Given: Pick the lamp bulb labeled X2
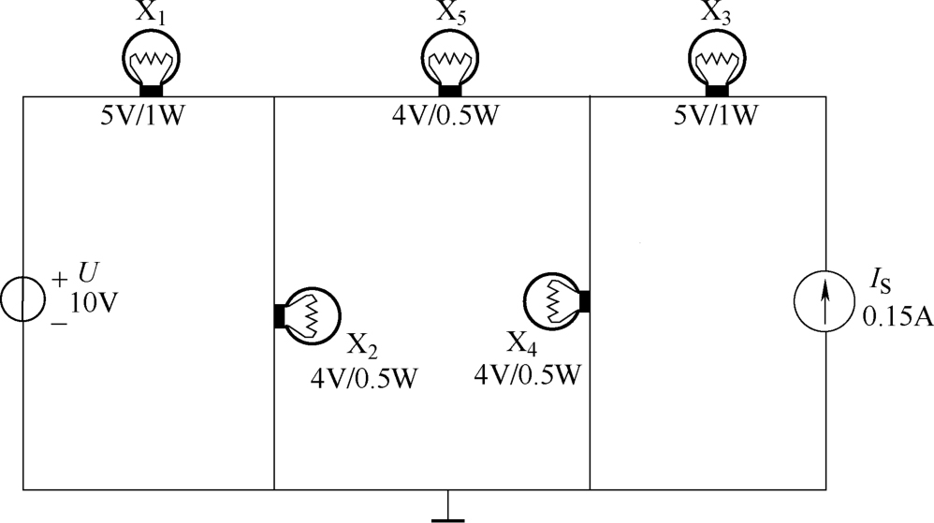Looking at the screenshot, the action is pos(307,315).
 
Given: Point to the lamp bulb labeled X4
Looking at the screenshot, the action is pos(556,301).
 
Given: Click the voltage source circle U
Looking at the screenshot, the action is pos(22,299).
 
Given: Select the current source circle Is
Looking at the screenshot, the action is pos(825,300).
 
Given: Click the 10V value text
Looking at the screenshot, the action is pos(95,304).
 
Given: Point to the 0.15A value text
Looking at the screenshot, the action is pos(898,317).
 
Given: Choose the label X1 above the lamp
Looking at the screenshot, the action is pos(151,13).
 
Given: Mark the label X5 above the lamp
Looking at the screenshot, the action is pos(450,13).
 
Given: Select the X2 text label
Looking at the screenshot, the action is pos(362,345).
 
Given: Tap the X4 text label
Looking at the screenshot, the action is pos(522,343).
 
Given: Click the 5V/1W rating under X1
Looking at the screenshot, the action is pos(142,115).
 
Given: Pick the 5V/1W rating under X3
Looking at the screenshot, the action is pos(716,115).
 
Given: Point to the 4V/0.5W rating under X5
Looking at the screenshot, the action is pos(445,115).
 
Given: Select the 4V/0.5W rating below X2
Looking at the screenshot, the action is pos(364,378).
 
